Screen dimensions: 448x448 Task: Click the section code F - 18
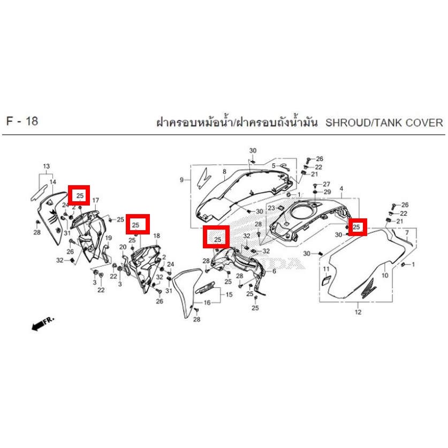click(22, 121)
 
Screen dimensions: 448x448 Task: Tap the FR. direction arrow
click(43, 323)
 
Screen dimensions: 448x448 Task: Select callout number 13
click(46, 166)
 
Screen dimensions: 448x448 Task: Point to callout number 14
click(53, 182)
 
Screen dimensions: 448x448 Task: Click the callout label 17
click(95, 200)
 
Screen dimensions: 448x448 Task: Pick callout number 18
click(157, 236)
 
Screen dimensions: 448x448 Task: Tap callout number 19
click(109, 238)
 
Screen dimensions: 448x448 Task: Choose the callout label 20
click(123, 247)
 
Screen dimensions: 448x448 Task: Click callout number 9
click(181, 180)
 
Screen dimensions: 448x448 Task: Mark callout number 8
click(225, 172)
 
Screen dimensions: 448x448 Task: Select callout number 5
click(274, 166)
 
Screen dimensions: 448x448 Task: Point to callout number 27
click(326, 184)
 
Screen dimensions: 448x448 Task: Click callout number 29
click(328, 192)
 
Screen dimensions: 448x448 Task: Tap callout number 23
click(271, 208)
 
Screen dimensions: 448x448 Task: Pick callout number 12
click(358, 312)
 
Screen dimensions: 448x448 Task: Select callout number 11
click(326, 269)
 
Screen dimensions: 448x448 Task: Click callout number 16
click(207, 302)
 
